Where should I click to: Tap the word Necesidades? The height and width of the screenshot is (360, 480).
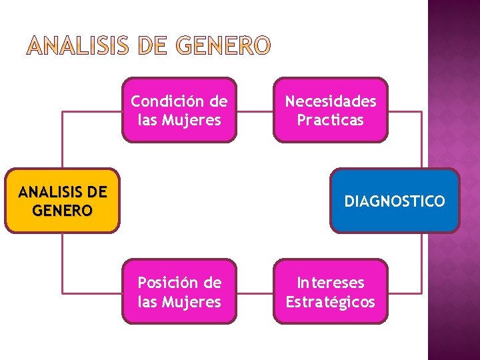point(331,101)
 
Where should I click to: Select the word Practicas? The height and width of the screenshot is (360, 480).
point(331,120)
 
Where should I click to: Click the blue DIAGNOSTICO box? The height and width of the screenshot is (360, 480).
point(395,201)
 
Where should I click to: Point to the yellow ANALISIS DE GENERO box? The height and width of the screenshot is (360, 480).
point(62,201)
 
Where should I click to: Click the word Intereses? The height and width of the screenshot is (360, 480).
point(331,283)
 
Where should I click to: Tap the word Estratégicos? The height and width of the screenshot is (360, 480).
point(331,302)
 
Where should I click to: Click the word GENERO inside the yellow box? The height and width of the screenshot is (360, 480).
point(62,211)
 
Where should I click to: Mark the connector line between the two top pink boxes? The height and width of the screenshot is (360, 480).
point(255,111)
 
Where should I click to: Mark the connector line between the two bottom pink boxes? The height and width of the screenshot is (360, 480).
point(255,292)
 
